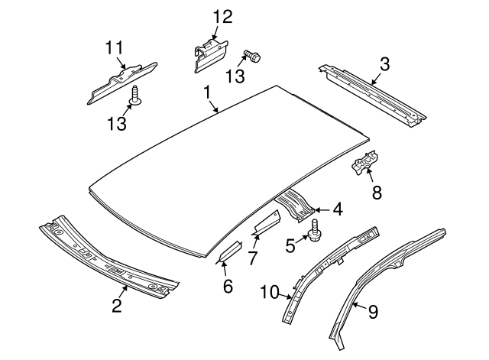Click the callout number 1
coord(206,92)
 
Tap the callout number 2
coord(116,306)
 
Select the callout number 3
coord(384,63)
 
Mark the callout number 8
coord(376,194)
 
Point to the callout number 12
coord(221,15)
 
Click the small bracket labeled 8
coord(364,164)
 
